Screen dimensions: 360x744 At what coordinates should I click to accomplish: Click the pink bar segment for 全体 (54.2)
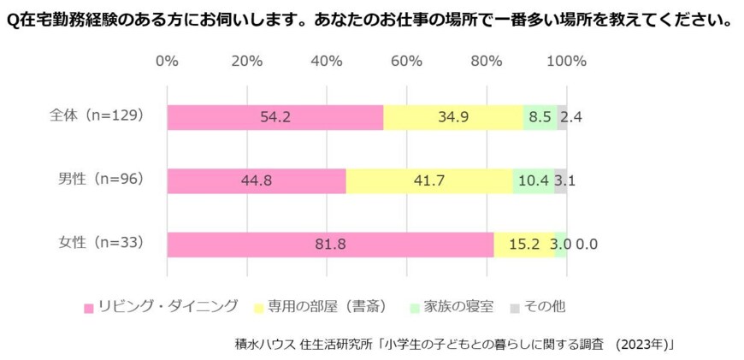(275, 117)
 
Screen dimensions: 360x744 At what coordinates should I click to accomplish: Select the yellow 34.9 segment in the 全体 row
(453, 117)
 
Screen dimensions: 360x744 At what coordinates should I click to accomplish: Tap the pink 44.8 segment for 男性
(257, 180)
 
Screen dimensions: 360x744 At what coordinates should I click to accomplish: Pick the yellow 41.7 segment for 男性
(429, 180)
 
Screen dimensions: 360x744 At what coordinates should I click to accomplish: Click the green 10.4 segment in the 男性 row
(533, 180)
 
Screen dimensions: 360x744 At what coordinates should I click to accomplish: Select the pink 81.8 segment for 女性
(330, 245)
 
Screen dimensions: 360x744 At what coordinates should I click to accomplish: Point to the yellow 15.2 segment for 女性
(523, 245)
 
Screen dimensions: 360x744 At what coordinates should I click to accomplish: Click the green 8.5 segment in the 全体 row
(540, 117)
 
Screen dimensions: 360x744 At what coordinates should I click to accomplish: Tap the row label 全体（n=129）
(95, 115)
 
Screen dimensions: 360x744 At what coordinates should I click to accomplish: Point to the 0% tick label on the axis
(168, 61)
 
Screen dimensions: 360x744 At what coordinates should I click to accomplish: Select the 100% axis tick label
(566, 61)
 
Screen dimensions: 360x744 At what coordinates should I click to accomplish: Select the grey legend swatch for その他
(514, 306)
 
